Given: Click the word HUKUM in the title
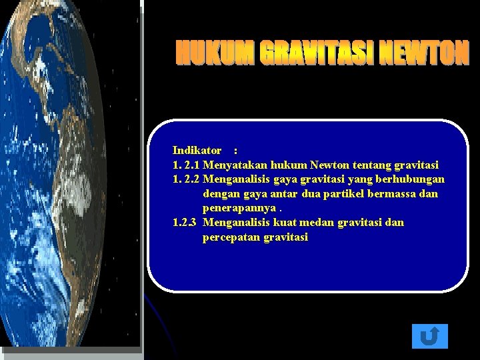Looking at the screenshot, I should (215, 53).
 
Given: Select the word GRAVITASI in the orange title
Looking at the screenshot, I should (317, 53).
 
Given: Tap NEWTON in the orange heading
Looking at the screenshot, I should (425, 53).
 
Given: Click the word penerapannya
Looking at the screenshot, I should (235, 208).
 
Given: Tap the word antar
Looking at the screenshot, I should (283, 194).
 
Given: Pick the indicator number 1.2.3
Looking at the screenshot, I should (184, 223).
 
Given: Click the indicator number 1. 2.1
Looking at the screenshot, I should (186, 165).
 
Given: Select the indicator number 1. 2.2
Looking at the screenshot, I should (186, 179).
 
